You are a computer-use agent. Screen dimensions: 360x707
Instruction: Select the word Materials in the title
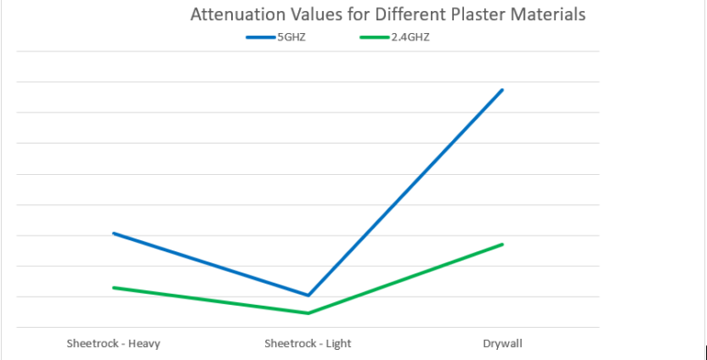click(549, 16)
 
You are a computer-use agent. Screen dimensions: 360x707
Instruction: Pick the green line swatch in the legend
click(374, 38)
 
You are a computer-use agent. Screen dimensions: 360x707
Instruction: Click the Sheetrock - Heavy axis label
click(113, 344)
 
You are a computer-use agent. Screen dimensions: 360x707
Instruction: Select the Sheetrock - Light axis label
click(307, 344)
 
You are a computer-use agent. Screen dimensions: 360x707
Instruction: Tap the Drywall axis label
click(503, 344)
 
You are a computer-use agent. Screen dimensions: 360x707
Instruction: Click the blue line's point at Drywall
click(503, 90)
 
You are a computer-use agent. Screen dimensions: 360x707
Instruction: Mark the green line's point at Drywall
click(503, 244)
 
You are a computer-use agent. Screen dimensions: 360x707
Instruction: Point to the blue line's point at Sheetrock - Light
click(307, 295)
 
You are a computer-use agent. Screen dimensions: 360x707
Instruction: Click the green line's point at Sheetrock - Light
click(307, 313)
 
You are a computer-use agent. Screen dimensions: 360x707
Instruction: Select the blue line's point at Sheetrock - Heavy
click(113, 233)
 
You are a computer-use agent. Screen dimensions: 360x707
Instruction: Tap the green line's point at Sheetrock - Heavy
click(113, 287)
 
